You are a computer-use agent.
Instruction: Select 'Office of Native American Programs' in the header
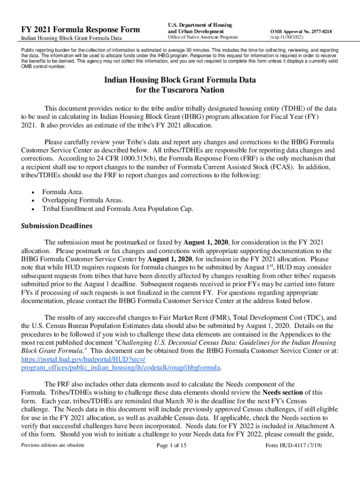tap(203, 37)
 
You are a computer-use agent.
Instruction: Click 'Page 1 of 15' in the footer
tap(172, 445)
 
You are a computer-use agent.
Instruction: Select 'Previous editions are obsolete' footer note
tap(53, 445)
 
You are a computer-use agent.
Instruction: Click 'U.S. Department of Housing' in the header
tap(200, 24)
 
